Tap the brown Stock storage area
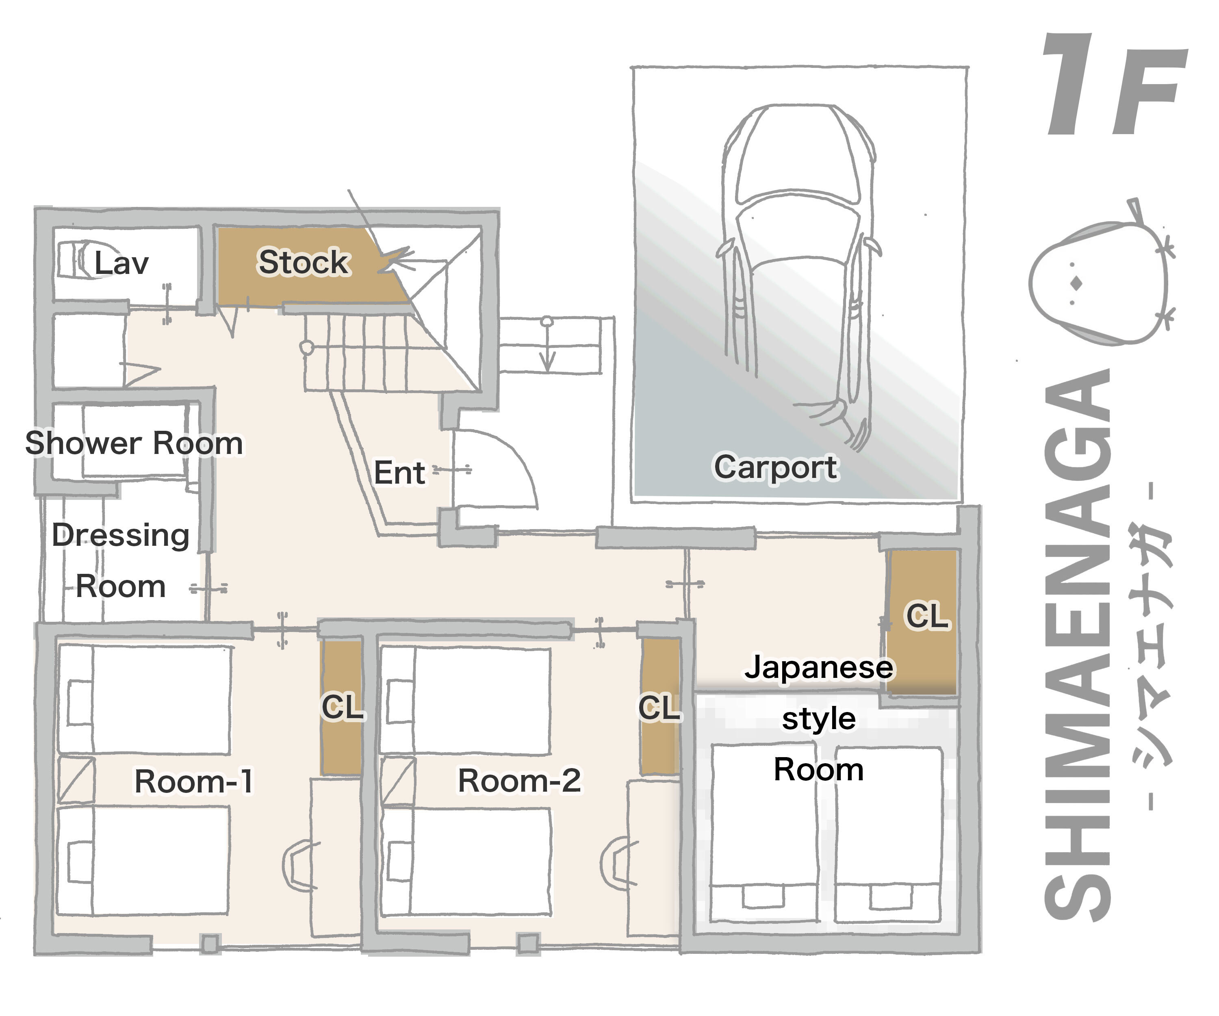tap(302, 263)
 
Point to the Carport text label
tap(776, 467)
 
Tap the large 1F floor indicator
tap(1112, 87)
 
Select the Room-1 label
tap(193, 781)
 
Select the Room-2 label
tap(519, 780)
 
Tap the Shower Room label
tap(134, 443)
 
